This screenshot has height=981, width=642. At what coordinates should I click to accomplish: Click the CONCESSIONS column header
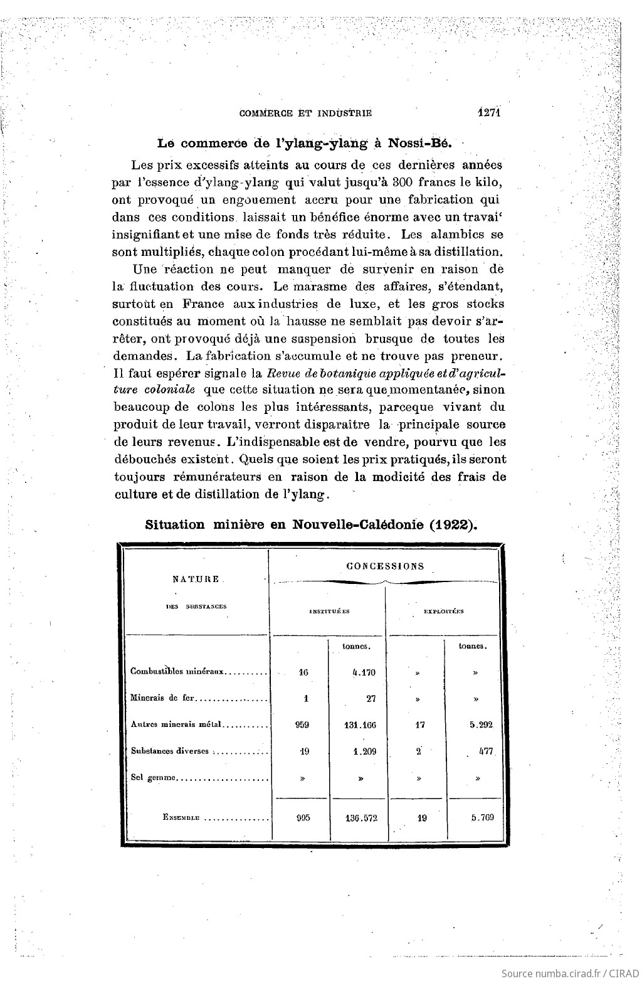pos(385,566)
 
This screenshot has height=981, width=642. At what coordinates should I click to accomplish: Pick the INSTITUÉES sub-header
pos(329,611)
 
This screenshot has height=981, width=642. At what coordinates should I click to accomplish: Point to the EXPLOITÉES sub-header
pos(443,611)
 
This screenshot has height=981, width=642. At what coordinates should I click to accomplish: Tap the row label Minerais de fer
pos(163,698)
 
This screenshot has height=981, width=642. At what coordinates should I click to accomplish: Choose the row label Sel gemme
pos(154,779)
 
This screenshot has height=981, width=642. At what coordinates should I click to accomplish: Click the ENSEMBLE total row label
pos(181,818)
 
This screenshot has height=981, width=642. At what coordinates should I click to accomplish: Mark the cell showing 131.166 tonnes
pos(360,724)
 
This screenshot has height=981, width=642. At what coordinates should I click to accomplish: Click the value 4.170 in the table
pos(364,672)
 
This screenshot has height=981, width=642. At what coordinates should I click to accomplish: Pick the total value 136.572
pos(360,818)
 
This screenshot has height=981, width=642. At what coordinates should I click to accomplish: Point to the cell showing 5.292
pos(480,724)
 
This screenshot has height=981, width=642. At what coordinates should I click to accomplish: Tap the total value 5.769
pos(480,818)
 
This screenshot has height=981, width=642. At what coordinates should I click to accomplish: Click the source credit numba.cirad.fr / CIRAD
pos(570,971)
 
